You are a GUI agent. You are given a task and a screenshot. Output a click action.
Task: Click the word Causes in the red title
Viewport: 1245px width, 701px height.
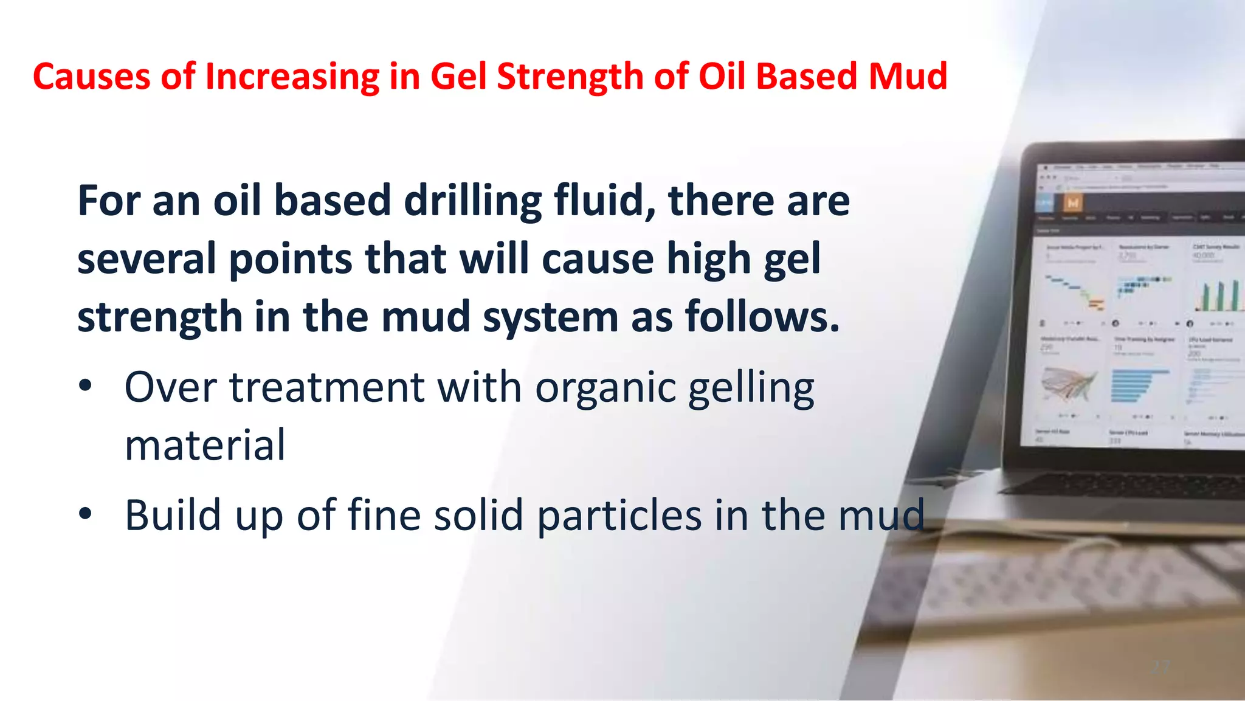(x=92, y=77)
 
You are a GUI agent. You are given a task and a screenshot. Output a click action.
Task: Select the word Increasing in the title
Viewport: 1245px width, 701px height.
(x=292, y=77)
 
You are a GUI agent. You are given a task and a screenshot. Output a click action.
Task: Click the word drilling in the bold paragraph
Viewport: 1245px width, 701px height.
(x=472, y=201)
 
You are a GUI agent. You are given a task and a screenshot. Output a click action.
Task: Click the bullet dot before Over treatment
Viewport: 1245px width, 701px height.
(x=85, y=385)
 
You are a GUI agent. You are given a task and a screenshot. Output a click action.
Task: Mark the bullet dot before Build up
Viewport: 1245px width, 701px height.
(x=85, y=514)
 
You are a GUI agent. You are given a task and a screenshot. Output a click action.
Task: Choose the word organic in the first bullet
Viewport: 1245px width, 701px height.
(x=605, y=388)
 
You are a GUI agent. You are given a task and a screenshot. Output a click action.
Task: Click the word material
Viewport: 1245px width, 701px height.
(x=205, y=445)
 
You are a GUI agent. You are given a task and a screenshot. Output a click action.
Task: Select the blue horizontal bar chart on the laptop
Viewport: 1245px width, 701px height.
(x=1137, y=385)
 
